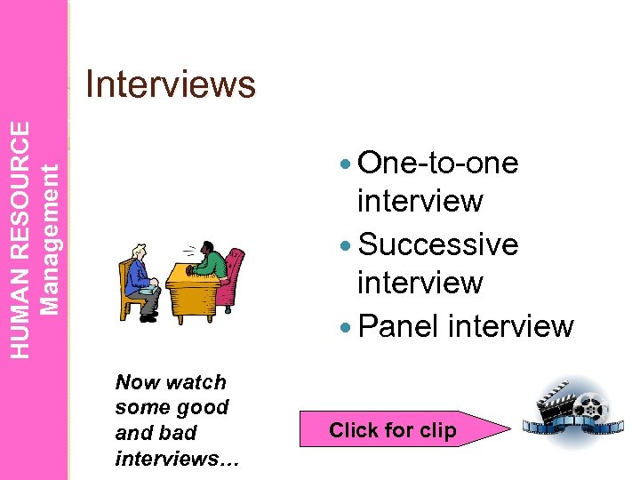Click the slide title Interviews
(x=170, y=85)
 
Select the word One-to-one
(x=437, y=164)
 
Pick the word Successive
(x=437, y=244)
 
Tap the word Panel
(x=399, y=326)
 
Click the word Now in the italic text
(x=135, y=382)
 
